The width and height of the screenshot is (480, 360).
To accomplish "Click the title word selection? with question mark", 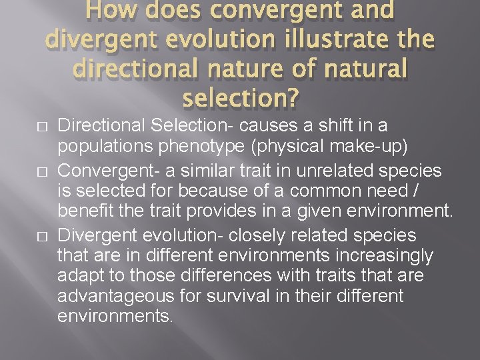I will pos(240,99).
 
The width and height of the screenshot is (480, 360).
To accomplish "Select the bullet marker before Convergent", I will pos(43,172).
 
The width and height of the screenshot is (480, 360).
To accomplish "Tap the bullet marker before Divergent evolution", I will pos(43,237).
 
